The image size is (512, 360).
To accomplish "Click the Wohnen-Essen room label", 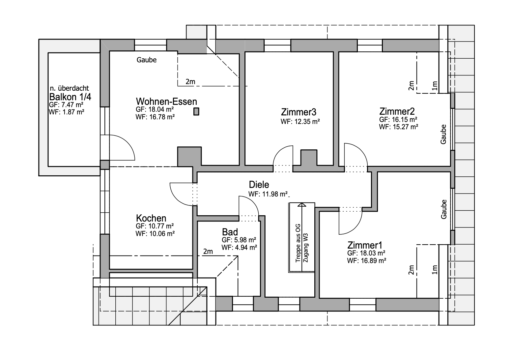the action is click(166, 101).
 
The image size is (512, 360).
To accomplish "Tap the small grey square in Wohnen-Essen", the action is click(196, 111).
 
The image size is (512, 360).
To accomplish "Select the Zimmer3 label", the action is click(299, 112).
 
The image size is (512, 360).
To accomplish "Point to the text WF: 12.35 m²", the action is click(300, 121).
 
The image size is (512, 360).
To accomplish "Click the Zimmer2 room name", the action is click(397, 111).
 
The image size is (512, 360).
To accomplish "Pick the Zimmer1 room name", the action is click(365, 245).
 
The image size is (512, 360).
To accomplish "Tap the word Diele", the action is click(259, 184).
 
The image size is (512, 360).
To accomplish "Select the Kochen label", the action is click(151, 218).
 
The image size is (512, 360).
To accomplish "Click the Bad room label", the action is click(230, 232).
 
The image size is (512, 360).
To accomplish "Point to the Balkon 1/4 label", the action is click(70, 97).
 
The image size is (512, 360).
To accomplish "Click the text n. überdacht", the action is click(70, 88).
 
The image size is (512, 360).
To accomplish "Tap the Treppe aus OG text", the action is click(298, 243).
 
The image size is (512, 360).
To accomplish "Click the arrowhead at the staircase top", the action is click(302, 204).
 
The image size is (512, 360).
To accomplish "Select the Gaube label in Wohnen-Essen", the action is click(147, 60).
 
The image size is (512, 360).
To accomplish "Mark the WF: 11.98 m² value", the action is click(268, 194).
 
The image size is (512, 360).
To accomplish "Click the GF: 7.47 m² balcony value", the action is click(66, 105).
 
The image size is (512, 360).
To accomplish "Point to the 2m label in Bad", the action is click(208, 251).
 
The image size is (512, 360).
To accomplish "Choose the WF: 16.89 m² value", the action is click(367, 260).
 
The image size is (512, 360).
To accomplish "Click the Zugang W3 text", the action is click(305, 248).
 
